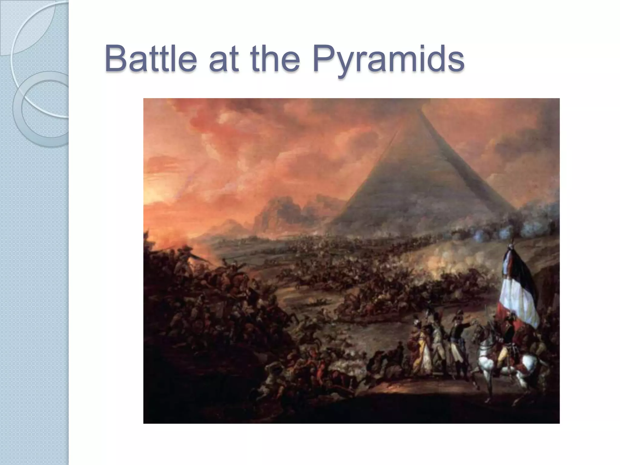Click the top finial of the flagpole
pyautogui.click(x=513, y=241)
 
